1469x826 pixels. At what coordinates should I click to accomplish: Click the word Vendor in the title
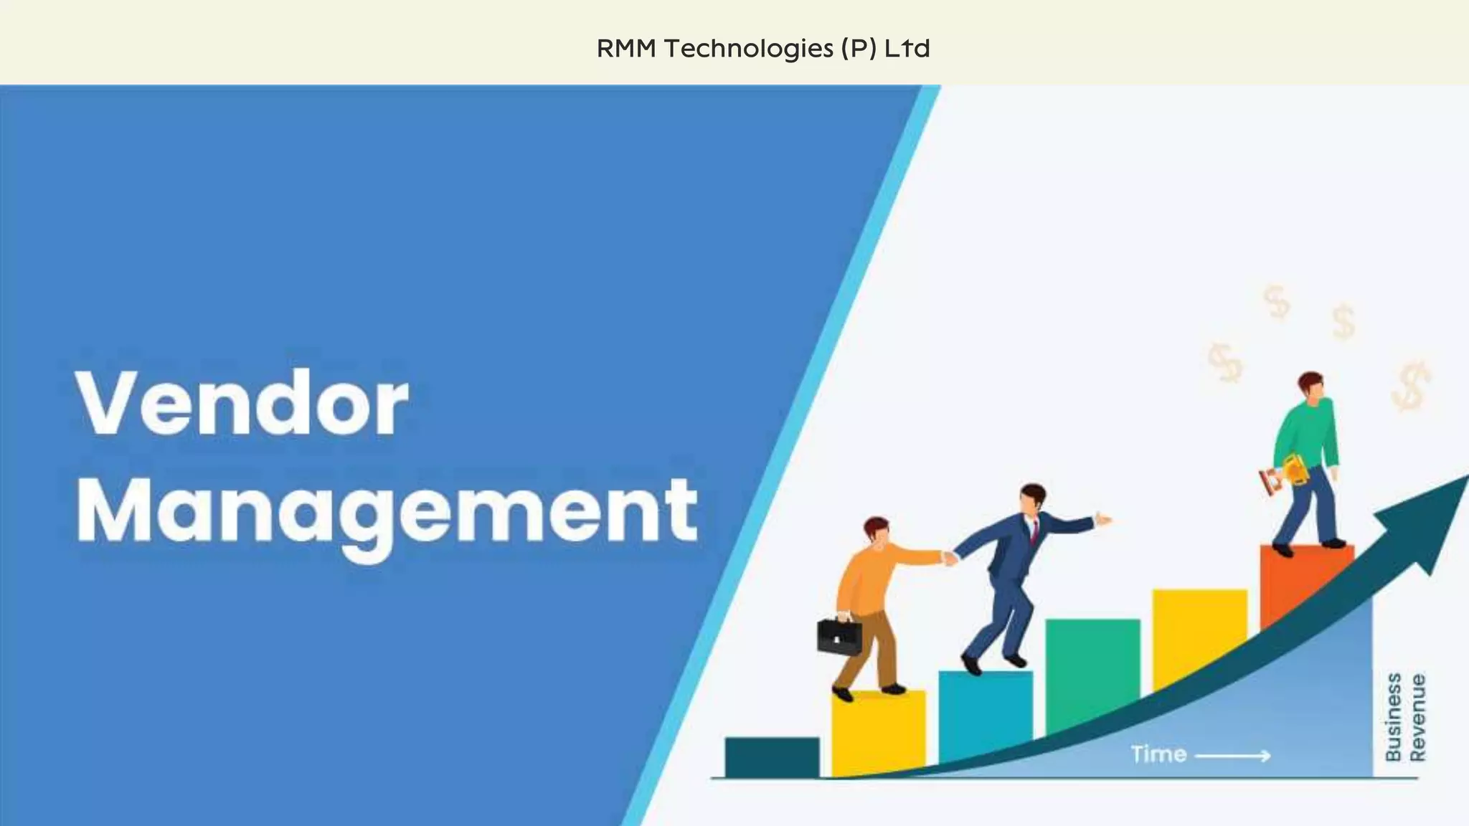[x=242, y=403]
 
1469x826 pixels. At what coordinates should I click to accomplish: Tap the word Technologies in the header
[x=748, y=49]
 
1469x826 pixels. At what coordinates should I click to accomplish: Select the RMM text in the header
[x=626, y=49]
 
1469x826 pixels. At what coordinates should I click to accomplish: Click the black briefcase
[x=839, y=635]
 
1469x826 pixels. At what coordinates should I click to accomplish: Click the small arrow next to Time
[x=1233, y=755]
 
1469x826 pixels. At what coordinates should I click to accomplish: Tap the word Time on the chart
[x=1158, y=754]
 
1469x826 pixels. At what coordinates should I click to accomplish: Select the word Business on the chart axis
[x=1393, y=717]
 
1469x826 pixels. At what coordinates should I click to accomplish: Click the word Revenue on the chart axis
[x=1418, y=717]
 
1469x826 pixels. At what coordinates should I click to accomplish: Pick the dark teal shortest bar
[x=772, y=756]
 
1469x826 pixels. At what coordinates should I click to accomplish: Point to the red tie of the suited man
[x=1034, y=531]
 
